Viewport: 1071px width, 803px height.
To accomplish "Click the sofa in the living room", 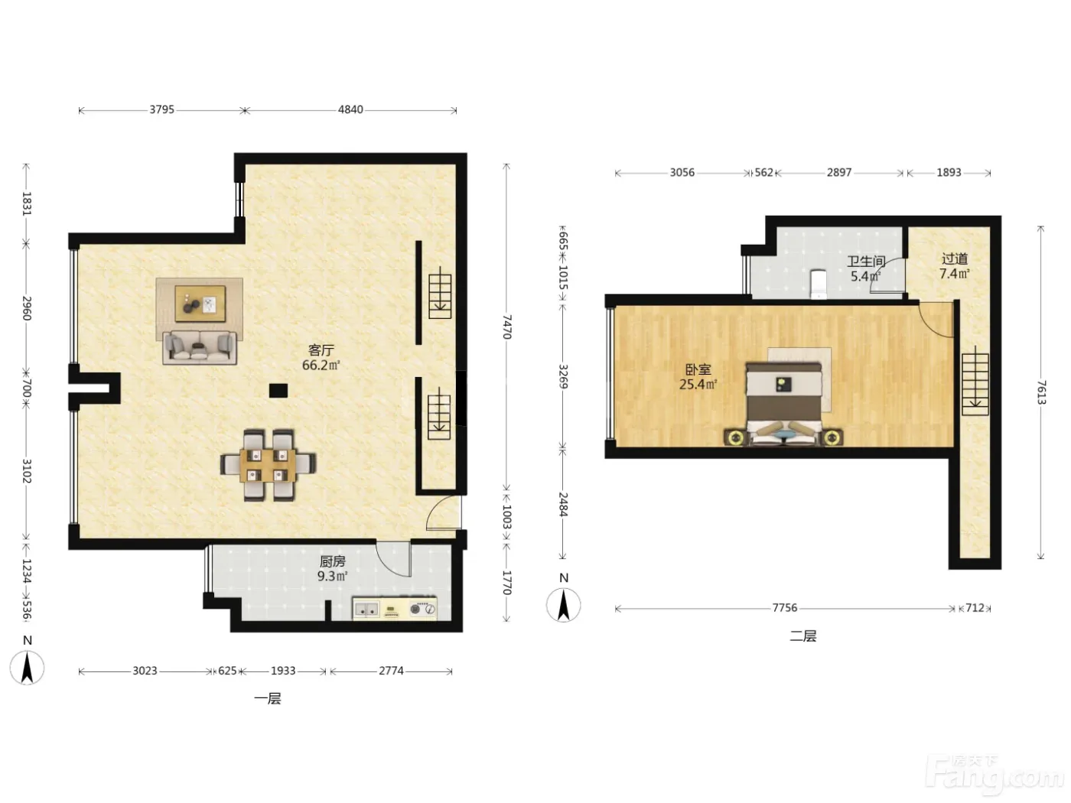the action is click(200, 347).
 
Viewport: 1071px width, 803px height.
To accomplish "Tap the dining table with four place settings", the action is click(268, 465).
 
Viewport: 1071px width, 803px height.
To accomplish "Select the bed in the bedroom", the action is click(783, 403).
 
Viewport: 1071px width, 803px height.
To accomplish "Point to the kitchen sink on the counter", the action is click(367, 609).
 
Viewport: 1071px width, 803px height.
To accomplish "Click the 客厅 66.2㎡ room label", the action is click(321, 357).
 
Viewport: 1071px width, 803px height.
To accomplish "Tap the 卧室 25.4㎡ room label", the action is click(698, 377).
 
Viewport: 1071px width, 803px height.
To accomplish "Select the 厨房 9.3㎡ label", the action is click(332, 568).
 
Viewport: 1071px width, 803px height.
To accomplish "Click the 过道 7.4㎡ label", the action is click(955, 265).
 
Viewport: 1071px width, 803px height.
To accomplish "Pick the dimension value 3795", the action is click(161, 109).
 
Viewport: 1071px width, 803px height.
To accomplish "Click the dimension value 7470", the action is click(507, 327).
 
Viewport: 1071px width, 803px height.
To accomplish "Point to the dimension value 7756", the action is click(785, 607).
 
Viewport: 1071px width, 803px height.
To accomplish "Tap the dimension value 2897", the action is click(838, 172).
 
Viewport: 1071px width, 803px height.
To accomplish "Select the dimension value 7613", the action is click(1040, 392).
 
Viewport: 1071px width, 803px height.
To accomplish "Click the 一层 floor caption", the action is click(268, 699).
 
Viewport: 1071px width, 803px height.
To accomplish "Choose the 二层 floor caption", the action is click(802, 636).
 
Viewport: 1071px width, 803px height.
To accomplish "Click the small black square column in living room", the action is click(278, 391).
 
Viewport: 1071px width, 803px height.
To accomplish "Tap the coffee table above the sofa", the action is click(200, 304).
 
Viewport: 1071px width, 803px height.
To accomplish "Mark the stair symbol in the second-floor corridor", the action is click(975, 384).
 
